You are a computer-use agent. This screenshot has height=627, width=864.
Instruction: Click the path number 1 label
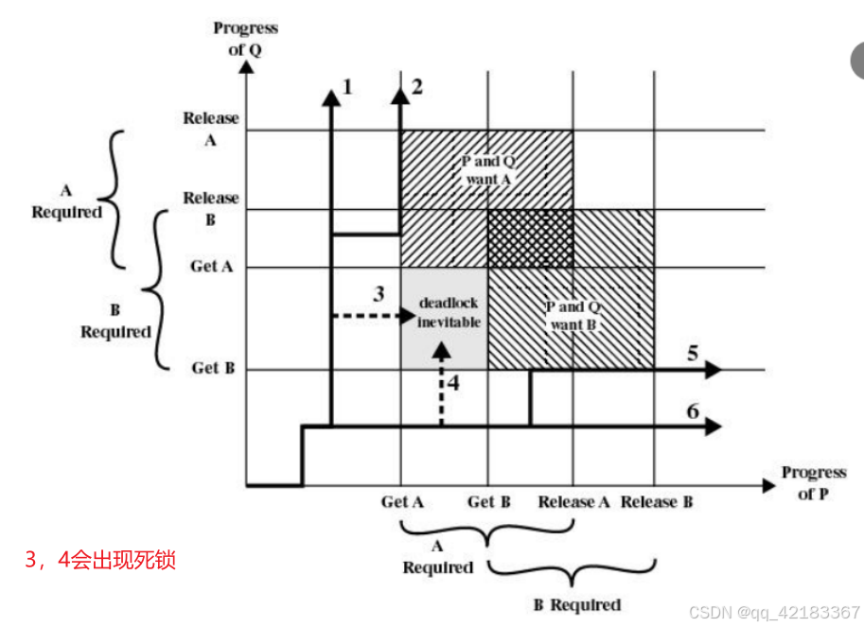point(347,87)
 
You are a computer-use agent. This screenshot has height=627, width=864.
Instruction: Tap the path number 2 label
point(417,87)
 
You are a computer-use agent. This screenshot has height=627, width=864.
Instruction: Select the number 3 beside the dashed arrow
point(379,293)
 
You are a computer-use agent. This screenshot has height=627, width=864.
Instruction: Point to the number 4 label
point(453,383)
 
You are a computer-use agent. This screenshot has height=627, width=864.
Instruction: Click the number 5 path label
point(693,355)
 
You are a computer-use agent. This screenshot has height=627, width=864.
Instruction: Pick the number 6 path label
point(693,411)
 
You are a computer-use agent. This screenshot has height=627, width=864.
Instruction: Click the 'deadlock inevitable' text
point(450,313)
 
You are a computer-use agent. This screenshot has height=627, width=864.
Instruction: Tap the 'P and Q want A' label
point(487,170)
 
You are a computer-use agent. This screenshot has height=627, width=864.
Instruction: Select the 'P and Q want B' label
point(573,316)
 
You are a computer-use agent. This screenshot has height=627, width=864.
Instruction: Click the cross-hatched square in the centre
point(530,238)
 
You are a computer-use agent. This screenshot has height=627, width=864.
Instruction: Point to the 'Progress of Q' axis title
point(244,40)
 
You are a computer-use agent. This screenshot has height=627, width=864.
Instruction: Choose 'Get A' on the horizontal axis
point(401,501)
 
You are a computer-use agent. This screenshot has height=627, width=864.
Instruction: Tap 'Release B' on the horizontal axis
point(657,501)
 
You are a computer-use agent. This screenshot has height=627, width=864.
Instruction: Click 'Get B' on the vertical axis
point(212,368)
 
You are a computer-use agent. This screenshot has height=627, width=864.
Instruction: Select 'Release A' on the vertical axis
point(212,128)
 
